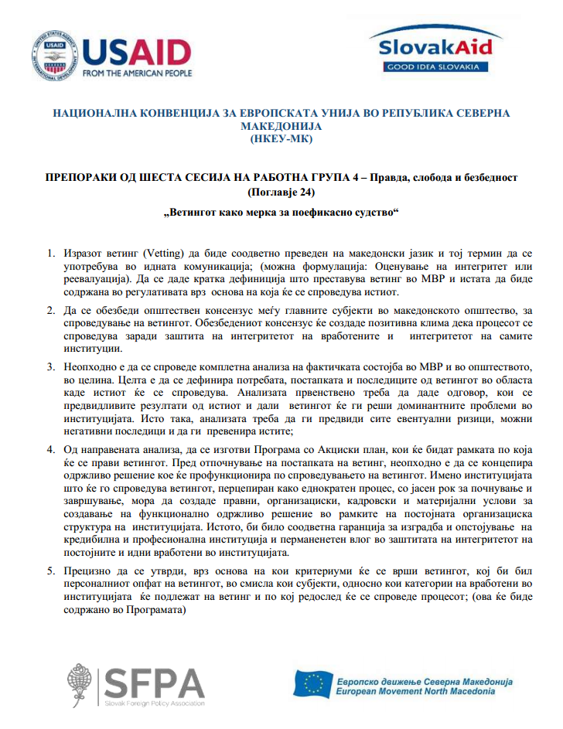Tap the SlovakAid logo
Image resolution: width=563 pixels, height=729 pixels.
[x=435, y=46]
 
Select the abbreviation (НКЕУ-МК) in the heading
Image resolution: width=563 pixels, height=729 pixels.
[x=281, y=139]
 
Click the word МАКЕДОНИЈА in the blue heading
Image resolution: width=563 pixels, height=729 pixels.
[x=281, y=126]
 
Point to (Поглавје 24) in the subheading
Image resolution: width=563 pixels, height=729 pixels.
[x=281, y=191]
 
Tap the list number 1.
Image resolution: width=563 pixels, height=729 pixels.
[x=50, y=254]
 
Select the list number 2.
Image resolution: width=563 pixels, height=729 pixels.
[x=50, y=312]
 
